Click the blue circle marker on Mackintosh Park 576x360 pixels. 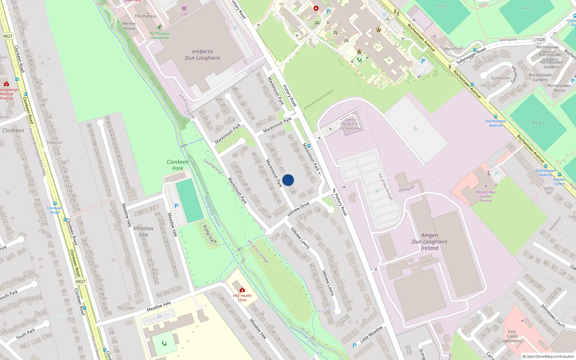pos(288,180)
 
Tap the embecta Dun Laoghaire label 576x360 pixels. pos(202,55)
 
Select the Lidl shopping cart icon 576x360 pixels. pos(184,9)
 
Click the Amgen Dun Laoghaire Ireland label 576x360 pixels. pos(429,242)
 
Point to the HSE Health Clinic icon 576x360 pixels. pos(242,290)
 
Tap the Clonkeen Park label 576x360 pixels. pos(177,165)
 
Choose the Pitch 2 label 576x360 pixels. pos(538,123)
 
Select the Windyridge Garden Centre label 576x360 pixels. pos(486,196)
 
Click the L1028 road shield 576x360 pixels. pos(539,40)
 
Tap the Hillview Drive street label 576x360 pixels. pos(298,210)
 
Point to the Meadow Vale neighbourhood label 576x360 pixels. pos(143,231)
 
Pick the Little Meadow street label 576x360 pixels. pos(371,334)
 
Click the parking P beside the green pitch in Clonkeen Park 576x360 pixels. pos(176,206)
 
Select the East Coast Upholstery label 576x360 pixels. pos(512,336)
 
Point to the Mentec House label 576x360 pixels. pos(129,26)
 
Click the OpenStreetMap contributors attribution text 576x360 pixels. pos(548,356)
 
